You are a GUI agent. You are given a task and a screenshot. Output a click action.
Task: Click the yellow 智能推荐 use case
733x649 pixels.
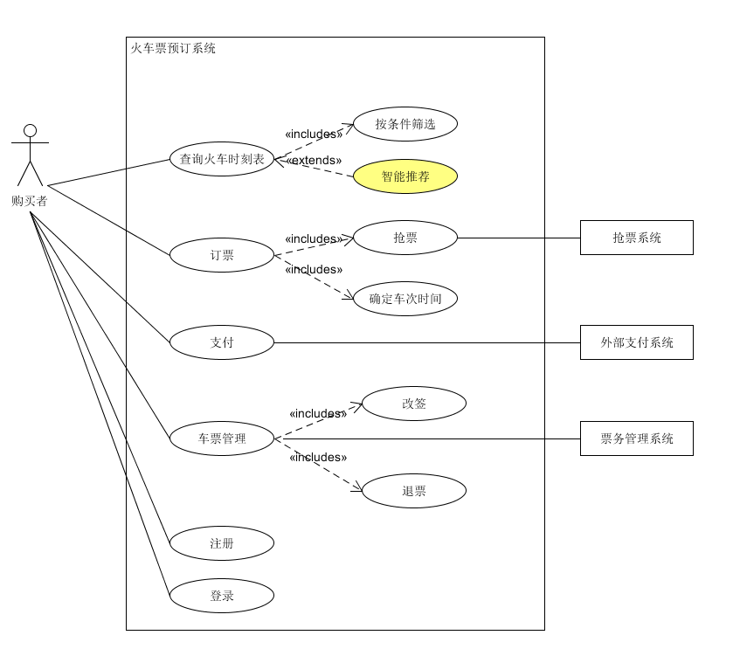[x=405, y=176]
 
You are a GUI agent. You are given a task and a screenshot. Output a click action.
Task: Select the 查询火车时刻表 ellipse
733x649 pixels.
[x=222, y=159]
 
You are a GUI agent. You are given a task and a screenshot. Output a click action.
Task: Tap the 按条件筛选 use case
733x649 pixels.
[x=405, y=124]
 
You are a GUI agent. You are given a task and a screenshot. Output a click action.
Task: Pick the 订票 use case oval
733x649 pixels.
[x=222, y=255]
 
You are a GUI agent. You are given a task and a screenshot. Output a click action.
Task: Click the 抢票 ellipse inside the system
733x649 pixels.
[x=405, y=238]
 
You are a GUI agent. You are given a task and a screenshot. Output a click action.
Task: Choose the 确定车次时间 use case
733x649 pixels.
[x=405, y=299]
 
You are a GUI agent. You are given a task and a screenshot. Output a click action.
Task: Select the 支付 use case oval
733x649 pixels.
[x=222, y=342]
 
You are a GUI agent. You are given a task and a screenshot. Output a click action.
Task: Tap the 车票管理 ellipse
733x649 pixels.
[x=222, y=438]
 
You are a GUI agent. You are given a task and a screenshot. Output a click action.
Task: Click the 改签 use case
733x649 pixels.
[x=414, y=404]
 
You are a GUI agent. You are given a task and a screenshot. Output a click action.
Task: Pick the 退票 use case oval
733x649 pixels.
[x=414, y=491]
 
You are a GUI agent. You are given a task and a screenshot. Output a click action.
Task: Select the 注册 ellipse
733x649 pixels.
[x=222, y=543]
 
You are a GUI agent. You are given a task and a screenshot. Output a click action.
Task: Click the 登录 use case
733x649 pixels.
[x=222, y=596]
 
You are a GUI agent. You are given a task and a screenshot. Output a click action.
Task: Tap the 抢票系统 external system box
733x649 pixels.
[x=637, y=238]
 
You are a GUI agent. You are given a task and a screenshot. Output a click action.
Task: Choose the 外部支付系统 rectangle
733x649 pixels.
[x=637, y=342]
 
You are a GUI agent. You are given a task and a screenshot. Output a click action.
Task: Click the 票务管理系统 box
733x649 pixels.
[x=637, y=438]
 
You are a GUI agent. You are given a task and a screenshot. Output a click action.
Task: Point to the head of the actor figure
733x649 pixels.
[x=31, y=131]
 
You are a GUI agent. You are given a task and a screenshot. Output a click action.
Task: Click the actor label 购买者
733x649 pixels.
[x=30, y=201]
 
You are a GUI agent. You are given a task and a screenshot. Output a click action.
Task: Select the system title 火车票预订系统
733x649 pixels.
[x=173, y=48]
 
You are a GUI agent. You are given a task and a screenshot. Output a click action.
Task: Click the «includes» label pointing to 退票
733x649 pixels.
[x=318, y=457]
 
